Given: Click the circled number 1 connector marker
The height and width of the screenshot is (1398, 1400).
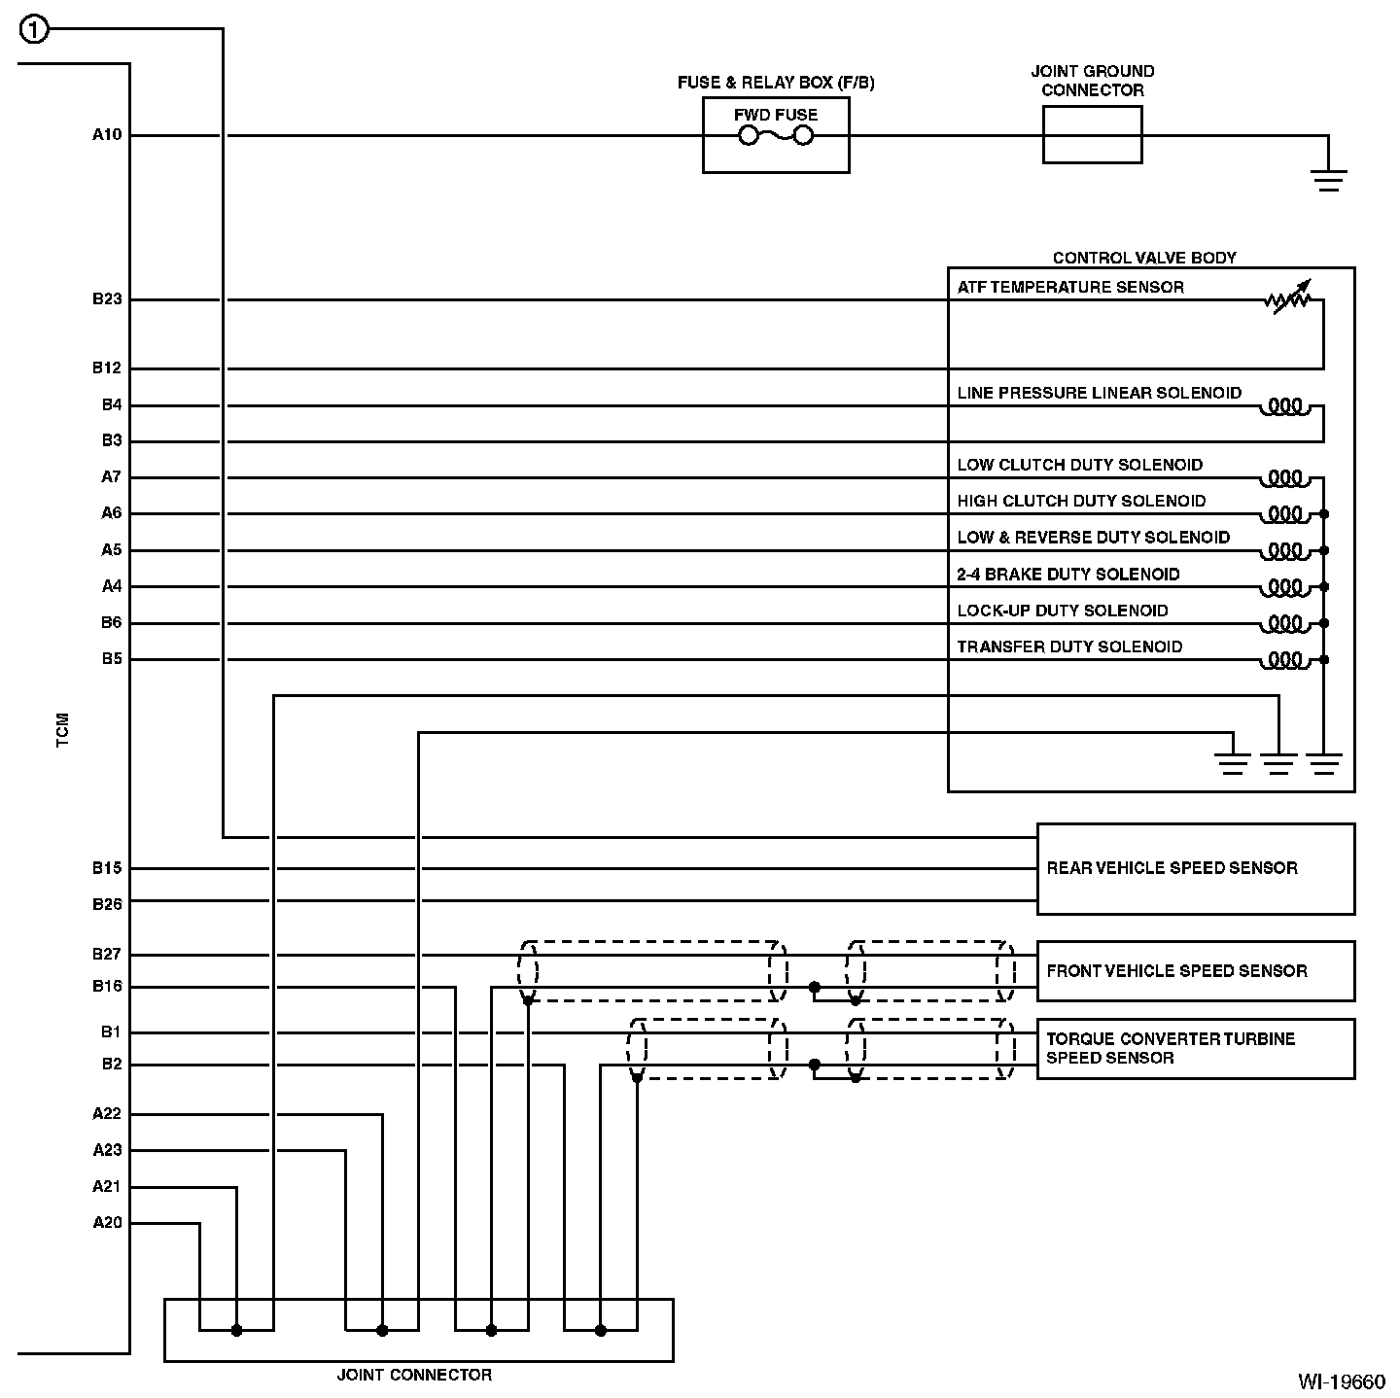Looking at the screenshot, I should click(x=33, y=30).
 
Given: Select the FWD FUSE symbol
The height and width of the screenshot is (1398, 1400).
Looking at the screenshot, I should click(x=776, y=136).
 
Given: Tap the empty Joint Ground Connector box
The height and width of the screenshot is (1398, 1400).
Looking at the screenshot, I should click(x=1092, y=135).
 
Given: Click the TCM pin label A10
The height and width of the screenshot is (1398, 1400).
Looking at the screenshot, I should click(x=107, y=135).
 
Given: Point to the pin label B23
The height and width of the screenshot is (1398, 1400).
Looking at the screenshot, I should click(x=107, y=299).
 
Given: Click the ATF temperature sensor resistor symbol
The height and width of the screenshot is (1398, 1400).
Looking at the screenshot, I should click(x=1288, y=299).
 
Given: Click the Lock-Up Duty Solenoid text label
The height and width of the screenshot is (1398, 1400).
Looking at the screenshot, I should click(x=1063, y=611).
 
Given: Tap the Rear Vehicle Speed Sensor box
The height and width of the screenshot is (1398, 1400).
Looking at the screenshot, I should click(x=1195, y=868).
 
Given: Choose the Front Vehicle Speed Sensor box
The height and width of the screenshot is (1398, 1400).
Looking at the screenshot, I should click(x=1195, y=970).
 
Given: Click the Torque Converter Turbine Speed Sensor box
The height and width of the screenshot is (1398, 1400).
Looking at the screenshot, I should click(x=1195, y=1048).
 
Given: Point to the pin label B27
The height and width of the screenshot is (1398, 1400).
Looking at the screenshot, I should click(x=107, y=955).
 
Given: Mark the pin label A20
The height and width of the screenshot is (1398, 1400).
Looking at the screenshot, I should click(x=107, y=1223).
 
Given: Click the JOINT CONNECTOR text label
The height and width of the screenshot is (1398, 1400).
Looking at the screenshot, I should click(x=414, y=1375).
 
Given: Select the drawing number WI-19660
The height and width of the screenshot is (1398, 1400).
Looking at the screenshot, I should click(x=1341, y=1381).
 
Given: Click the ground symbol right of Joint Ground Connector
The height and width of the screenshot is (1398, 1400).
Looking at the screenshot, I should click(x=1328, y=178).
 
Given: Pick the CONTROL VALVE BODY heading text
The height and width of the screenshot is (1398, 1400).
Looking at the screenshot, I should click(x=1144, y=258).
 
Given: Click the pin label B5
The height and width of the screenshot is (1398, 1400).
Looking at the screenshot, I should click(x=112, y=659).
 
